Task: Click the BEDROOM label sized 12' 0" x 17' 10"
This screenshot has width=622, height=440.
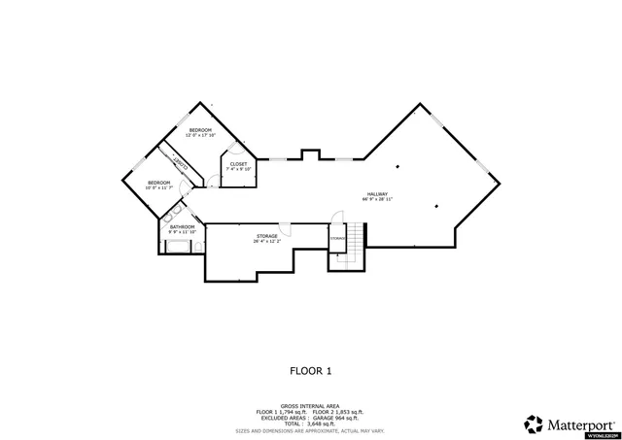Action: point(200,130)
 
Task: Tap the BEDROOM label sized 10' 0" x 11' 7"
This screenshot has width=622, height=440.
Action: point(158,182)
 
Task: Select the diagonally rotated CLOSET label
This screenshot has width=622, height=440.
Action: point(181,165)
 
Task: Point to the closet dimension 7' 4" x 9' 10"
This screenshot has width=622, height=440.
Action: point(239,169)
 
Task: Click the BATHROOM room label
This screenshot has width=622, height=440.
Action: point(183,227)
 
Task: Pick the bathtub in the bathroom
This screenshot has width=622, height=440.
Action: point(177,248)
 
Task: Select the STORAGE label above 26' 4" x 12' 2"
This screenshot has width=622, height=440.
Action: point(267,236)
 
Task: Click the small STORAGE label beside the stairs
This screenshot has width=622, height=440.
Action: point(337,238)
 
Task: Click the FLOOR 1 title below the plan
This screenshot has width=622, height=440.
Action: point(311,370)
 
